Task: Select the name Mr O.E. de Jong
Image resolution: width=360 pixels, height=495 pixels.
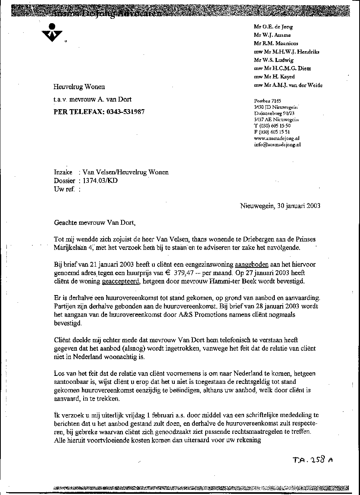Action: [273, 27]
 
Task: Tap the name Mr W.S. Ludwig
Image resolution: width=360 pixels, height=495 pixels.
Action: [274, 60]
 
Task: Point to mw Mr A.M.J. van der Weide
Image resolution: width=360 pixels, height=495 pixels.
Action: [288, 85]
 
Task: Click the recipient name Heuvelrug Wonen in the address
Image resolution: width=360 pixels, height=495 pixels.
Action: [79, 87]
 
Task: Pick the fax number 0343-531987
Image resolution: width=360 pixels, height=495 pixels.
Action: [126, 112]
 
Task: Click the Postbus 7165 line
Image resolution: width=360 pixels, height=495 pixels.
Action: [268, 101]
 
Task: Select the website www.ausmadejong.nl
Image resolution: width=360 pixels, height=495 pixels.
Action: [277, 138]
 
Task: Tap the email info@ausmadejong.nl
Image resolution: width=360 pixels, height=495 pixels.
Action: [277, 144]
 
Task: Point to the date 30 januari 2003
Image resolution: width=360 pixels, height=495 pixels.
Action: [297, 206]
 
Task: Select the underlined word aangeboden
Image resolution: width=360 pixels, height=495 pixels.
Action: [252, 265]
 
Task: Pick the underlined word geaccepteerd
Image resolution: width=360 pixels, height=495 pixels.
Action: [121, 281]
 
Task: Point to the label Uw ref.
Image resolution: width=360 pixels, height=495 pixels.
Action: [64, 189]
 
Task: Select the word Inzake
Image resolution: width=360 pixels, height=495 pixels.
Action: [63, 172]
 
